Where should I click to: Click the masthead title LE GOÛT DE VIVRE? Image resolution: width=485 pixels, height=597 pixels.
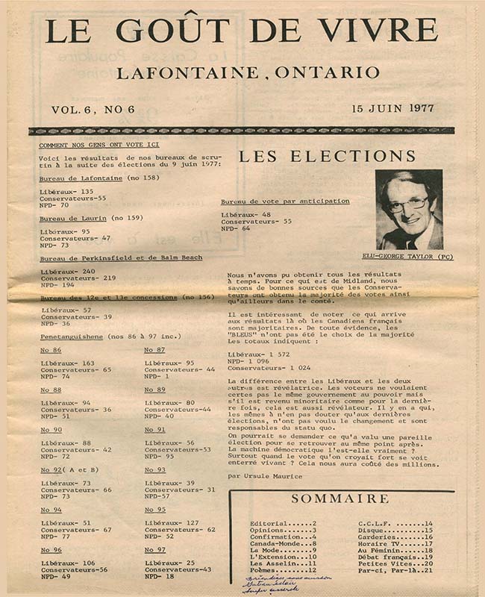click(240, 30)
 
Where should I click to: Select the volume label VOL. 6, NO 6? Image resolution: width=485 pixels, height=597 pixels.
click(93, 110)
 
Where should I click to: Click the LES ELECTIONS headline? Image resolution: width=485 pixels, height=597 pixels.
click(327, 157)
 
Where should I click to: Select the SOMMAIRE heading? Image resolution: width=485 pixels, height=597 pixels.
click(339, 498)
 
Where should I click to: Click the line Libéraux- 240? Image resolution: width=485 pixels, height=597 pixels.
click(68, 271)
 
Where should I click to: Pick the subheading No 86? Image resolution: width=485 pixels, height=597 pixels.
click(51, 350)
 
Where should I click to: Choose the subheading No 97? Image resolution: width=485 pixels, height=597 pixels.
click(154, 549)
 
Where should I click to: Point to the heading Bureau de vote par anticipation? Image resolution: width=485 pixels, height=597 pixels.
click(285, 201)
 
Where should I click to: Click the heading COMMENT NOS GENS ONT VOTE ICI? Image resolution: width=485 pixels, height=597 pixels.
click(89, 145)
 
